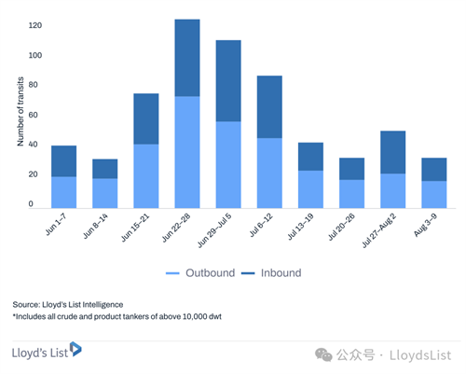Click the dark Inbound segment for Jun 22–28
point(187,58)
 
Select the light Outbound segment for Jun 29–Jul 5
point(228,164)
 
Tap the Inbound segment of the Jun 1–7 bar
point(64,161)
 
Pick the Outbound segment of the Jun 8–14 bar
point(105,193)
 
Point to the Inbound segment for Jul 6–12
point(269,107)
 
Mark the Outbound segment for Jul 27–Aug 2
point(393,190)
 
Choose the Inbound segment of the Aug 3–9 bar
point(434,170)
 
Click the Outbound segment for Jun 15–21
point(146,176)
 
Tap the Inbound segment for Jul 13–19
point(310,157)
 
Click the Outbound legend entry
point(200,273)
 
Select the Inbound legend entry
point(271,273)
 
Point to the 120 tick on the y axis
point(35,25)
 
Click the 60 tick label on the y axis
point(33,115)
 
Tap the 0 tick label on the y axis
point(31,204)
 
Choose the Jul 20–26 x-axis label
point(341,228)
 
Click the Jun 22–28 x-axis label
point(176,228)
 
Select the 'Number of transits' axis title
point(21,111)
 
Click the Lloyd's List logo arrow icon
point(75,349)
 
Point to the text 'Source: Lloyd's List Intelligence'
point(68,305)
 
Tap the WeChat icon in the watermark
point(323,355)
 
